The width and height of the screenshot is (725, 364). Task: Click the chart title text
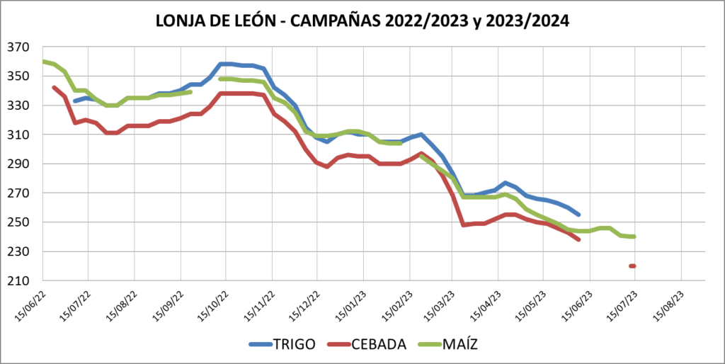click(362, 22)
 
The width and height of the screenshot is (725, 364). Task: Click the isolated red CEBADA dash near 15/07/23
click(632, 266)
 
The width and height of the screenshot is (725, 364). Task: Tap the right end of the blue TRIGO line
click(578, 215)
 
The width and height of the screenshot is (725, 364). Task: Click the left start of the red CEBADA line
click(54, 87)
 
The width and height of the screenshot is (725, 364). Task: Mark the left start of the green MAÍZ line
click(43, 61)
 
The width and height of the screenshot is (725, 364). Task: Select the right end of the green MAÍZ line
click(634, 237)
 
